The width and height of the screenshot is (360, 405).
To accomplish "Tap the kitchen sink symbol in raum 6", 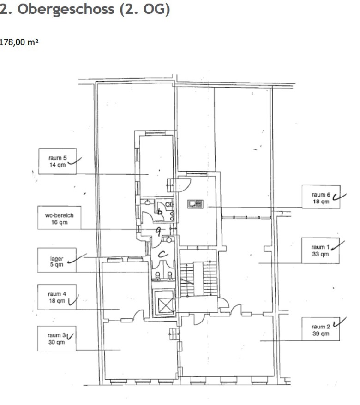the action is pos(195,204).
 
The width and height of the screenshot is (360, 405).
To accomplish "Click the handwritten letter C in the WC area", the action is pos(163,255).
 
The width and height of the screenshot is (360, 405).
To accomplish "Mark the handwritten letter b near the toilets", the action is pos(160,212).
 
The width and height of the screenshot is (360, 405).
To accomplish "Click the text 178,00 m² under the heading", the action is pos(19,42).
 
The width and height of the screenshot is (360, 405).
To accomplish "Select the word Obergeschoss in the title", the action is pos(66,9).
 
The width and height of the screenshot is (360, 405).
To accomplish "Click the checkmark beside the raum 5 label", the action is pos(75,161).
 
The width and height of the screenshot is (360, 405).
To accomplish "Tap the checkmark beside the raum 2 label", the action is pos(340,322).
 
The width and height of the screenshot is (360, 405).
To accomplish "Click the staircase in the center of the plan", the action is pos(198,279).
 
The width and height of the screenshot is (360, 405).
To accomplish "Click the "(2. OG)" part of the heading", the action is pos(145,9).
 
